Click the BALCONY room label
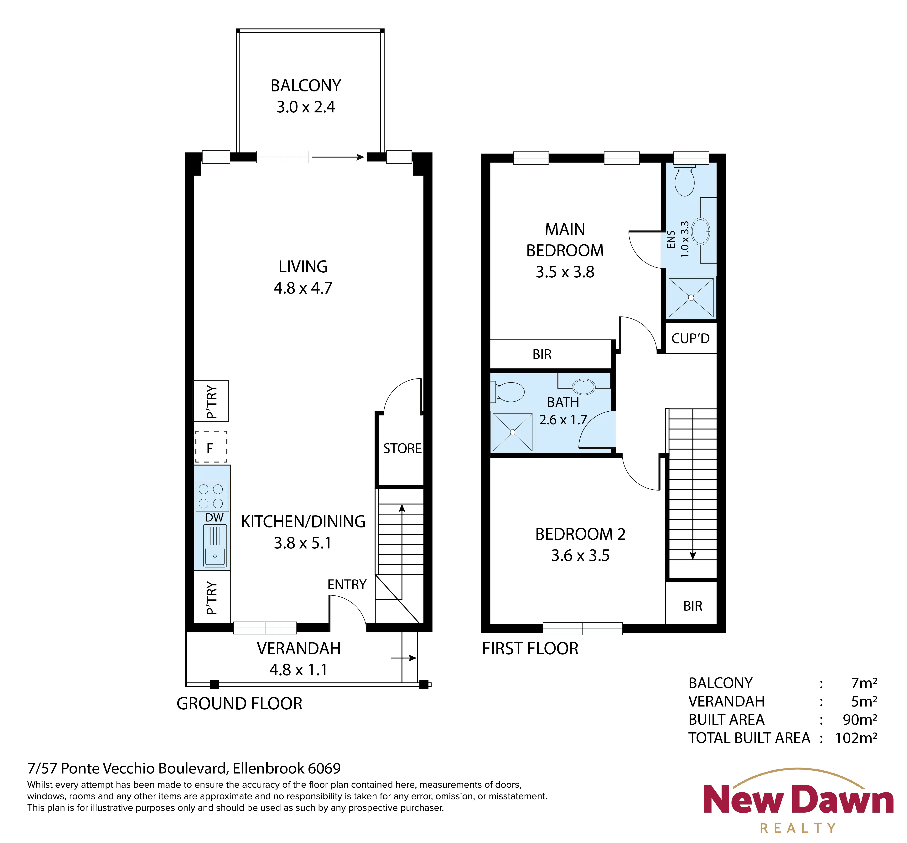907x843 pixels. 306,86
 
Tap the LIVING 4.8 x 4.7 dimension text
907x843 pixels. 303,288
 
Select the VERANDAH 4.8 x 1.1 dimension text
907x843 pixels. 298,670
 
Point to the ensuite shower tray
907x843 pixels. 691,297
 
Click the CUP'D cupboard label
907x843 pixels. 690,338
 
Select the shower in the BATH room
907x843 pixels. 512,432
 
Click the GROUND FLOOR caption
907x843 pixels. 240,703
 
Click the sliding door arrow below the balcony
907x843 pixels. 338,157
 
